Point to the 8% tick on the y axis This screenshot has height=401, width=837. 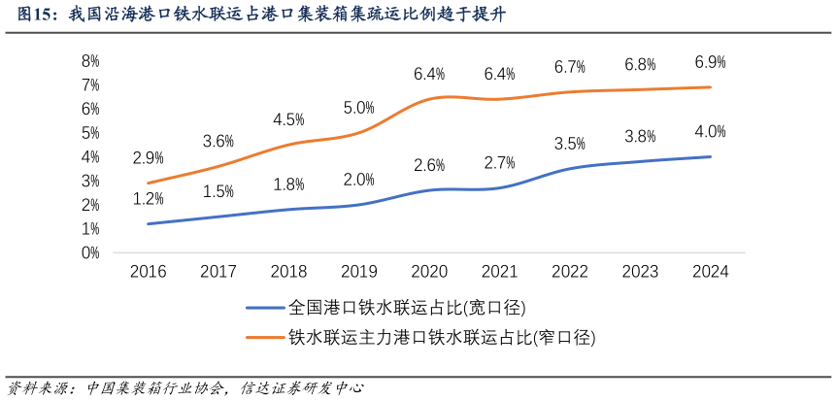[90, 60]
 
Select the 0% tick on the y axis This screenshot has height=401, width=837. [90, 252]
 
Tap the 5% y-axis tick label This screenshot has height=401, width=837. [90, 132]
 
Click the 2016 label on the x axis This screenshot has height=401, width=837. [148, 273]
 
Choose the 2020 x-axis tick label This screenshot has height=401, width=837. [429, 273]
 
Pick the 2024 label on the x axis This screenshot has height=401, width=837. [711, 273]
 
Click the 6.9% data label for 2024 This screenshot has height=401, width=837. [710, 62]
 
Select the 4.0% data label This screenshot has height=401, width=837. [710, 132]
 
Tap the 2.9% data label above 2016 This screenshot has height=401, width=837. [148, 157]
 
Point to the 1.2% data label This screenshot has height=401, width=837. [148, 198]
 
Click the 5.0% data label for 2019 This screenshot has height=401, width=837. [358, 108]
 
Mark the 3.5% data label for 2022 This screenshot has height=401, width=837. [569, 144]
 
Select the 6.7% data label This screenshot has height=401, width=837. [569, 67]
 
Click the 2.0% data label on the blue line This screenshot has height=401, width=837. [358, 180]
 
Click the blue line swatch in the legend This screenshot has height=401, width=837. [264, 308]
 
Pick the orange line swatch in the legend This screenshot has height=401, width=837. [264, 337]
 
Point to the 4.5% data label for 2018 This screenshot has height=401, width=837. [288, 119]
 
